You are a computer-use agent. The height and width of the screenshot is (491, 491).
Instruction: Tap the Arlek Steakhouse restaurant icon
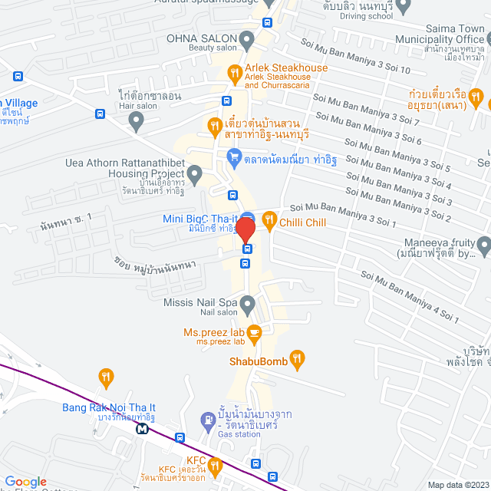[235, 74]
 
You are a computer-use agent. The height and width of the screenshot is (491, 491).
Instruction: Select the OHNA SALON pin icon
[246, 38]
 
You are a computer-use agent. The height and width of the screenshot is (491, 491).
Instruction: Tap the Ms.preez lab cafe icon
[255, 332]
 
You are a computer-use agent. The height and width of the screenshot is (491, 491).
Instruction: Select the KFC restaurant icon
[215, 465]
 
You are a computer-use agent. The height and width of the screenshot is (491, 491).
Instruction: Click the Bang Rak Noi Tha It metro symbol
[143, 429]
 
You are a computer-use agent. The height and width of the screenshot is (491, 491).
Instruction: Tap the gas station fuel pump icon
[206, 420]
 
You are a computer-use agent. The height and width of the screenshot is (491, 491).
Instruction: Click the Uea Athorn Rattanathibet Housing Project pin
[195, 178]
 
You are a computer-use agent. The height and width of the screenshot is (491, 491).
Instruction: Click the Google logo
[25, 481]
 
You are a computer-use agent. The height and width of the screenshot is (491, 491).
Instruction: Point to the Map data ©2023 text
[456, 484]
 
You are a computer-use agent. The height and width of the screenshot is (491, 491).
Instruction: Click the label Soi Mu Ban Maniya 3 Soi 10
[356, 58]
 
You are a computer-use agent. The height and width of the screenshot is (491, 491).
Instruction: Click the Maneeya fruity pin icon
[483, 246]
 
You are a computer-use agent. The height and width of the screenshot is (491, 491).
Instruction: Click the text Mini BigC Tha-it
[199, 219]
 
